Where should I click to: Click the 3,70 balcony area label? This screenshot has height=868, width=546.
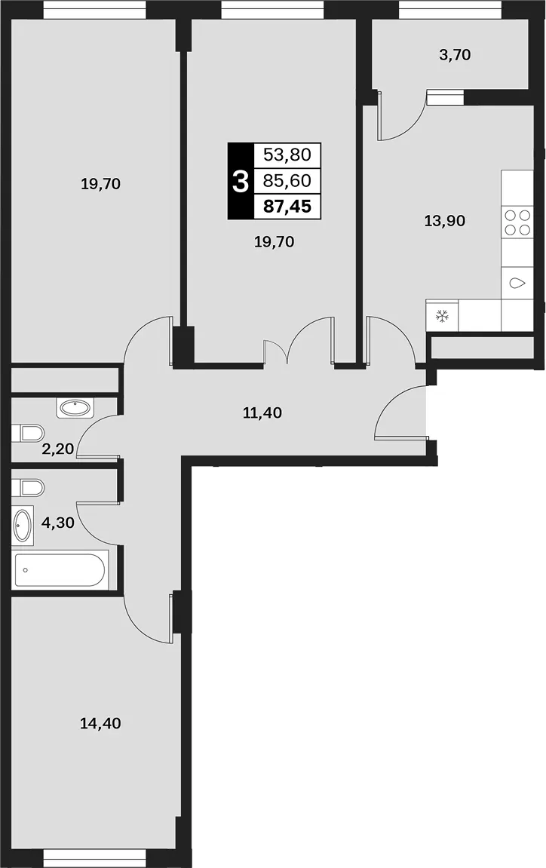point(455,55)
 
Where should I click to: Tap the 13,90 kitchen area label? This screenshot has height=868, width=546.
point(445,222)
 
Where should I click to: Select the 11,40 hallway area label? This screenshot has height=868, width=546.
point(262,413)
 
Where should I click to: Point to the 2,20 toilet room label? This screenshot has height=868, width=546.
point(57,449)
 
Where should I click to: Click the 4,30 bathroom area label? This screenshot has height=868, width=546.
point(58,523)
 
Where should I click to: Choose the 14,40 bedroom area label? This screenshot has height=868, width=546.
point(101,723)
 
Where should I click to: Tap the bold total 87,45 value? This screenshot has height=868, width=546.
point(287,207)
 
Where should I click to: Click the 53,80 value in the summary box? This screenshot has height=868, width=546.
point(287,155)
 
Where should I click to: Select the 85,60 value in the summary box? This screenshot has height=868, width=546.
point(287,180)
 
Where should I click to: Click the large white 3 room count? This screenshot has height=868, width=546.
point(241,181)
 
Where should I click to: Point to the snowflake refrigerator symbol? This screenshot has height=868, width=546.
point(442,316)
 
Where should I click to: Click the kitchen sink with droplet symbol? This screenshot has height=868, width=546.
point(517,284)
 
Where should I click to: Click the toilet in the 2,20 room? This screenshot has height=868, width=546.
point(28,434)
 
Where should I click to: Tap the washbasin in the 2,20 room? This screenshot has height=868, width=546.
point(75,409)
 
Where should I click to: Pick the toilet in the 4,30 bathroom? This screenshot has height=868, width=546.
point(28,488)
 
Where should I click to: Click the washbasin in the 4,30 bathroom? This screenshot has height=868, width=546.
point(23,523)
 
